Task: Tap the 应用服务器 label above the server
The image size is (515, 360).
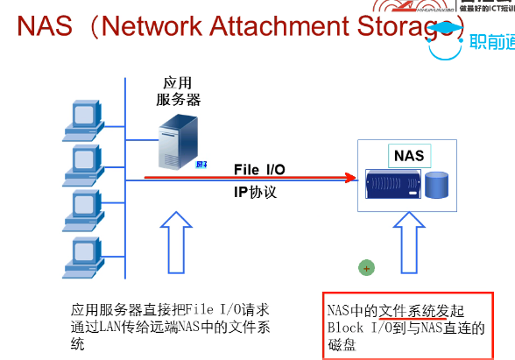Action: click(178, 90)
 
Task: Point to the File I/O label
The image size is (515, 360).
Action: click(258, 169)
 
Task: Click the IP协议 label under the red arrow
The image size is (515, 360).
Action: click(255, 192)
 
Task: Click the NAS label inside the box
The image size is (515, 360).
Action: click(408, 157)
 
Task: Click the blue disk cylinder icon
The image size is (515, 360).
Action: click(437, 185)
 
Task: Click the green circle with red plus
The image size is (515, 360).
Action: click(367, 267)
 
